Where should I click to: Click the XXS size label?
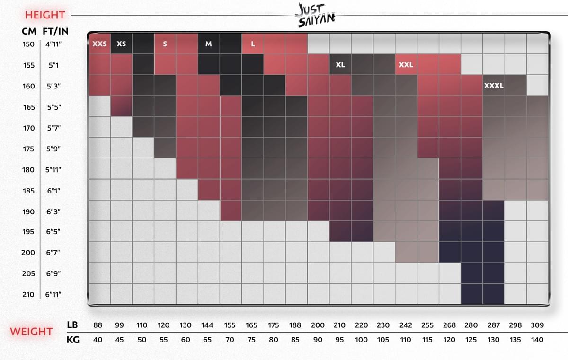(99, 44)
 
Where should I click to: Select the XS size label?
(121, 44)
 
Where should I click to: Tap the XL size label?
(340, 65)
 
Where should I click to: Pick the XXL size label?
(406, 65)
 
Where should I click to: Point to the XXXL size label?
(494, 86)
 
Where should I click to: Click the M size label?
(209, 44)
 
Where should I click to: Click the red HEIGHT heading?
(45, 15)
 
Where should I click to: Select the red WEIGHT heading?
(32, 332)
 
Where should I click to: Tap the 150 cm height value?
(28, 44)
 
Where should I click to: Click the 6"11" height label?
(53, 294)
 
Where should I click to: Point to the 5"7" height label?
(53, 128)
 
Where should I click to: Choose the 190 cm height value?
(28, 211)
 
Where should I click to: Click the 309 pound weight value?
(537, 325)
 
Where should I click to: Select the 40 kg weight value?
(98, 339)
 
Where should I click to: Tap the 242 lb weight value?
(406, 325)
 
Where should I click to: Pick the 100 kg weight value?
(362, 339)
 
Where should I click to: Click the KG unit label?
(72, 339)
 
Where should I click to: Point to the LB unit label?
(72, 325)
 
